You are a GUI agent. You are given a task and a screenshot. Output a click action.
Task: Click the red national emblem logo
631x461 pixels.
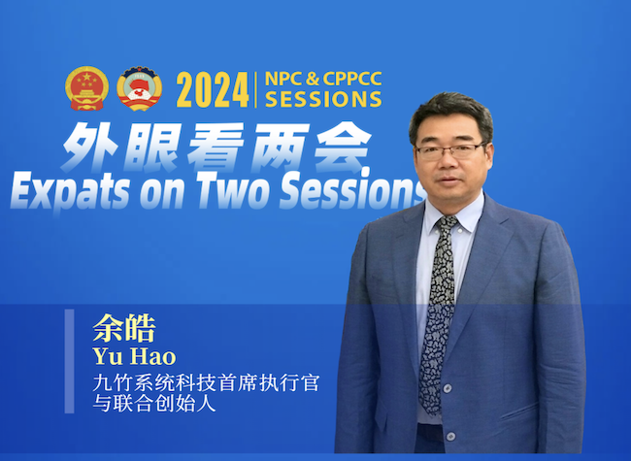[x=85, y=88]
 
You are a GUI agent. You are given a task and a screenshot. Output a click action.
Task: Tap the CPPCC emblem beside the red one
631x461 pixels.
[x=139, y=88]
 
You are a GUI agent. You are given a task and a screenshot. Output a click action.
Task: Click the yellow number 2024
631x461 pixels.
[x=212, y=90]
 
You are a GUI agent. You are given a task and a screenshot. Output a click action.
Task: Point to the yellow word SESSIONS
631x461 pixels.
[x=323, y=99]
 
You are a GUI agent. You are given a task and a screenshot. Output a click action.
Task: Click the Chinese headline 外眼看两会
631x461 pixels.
[x=216, y=148]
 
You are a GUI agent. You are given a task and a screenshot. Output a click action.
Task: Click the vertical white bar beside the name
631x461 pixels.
[x=69, y=360]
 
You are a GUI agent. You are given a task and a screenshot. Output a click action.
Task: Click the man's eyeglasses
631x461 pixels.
[x=449, y=150]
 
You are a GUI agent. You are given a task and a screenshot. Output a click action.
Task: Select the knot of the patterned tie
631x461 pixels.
[x=447, y=225]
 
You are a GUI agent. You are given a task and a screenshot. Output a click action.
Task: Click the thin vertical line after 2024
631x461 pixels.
[x=256, y=89]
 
